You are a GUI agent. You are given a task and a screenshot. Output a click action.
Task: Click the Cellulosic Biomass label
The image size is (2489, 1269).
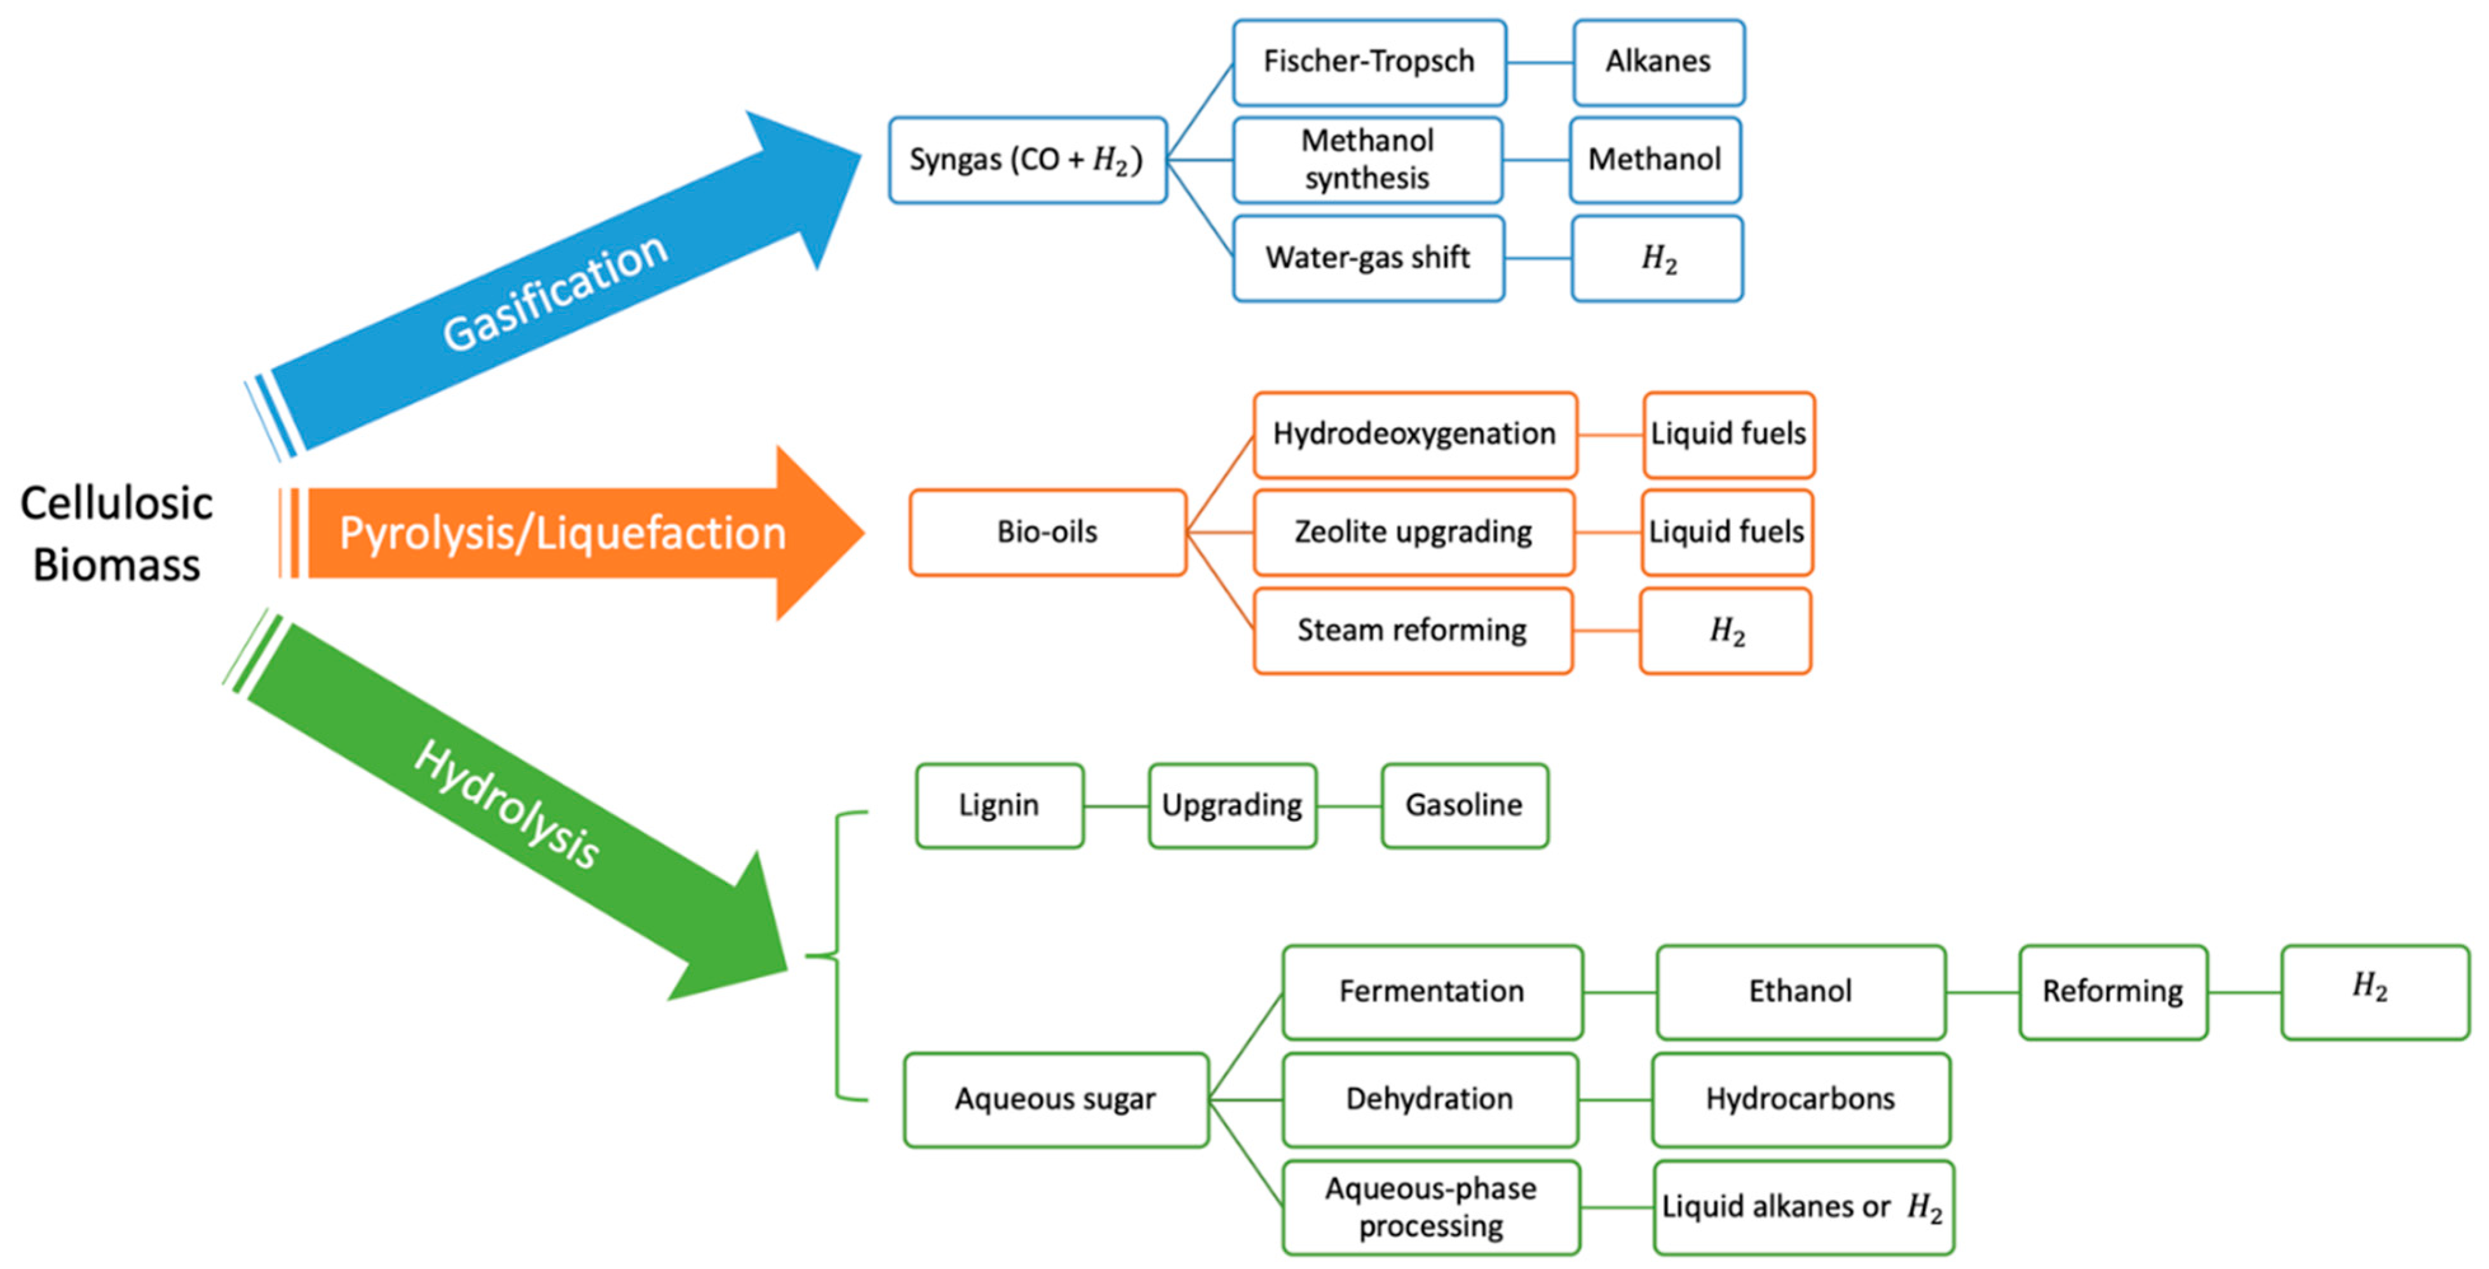click(116, 534)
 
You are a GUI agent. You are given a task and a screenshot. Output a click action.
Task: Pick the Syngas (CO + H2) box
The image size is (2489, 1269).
click(1027, 160)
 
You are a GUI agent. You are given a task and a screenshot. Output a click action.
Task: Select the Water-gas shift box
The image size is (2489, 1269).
click(1367, 258)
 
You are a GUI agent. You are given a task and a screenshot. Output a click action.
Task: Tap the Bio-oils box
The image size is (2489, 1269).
click(1047, 533)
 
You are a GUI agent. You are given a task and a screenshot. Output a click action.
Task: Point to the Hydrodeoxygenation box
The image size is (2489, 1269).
click(1414, 435)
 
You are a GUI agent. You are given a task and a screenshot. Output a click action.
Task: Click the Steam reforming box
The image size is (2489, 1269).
click(1412, 631)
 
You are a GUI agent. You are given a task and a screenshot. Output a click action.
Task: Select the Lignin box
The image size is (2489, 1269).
click(999, 806)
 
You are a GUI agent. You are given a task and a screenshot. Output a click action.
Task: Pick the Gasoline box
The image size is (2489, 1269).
click(1464, 806)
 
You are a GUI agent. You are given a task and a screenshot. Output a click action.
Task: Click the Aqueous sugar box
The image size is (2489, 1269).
click(1055, 1100)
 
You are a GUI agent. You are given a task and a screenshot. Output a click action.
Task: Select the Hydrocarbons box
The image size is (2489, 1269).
click(1800, 1100)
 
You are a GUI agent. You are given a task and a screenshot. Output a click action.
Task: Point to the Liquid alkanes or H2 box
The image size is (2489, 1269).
click(1802, 1208)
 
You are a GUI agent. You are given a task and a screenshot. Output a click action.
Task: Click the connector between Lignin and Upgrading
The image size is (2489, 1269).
click(1116, 806)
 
